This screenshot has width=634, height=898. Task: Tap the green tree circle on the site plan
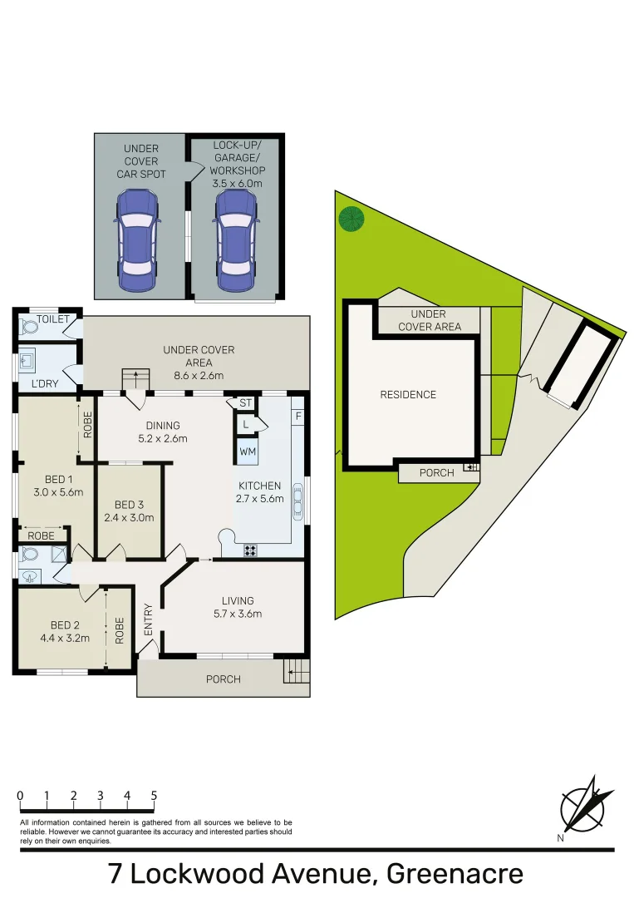[x=351, y=220]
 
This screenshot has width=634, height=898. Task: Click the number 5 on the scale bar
[x=154, y=796]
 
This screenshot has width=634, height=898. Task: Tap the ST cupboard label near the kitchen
[x=245, y=403]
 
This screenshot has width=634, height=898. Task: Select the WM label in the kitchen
[x=247, y=451]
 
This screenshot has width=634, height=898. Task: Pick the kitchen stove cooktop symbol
[x=250, y=550]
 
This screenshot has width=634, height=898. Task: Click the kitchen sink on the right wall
[x=299, y=502]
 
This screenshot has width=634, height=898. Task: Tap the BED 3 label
[x=129, y=505]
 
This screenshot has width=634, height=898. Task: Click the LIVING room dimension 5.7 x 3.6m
[x=237, y=614]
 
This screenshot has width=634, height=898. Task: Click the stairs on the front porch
[x=296, y=670]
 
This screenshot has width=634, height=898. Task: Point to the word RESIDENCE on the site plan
[x=408, y=395]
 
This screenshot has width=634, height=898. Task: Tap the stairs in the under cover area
[x=135, y=379]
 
